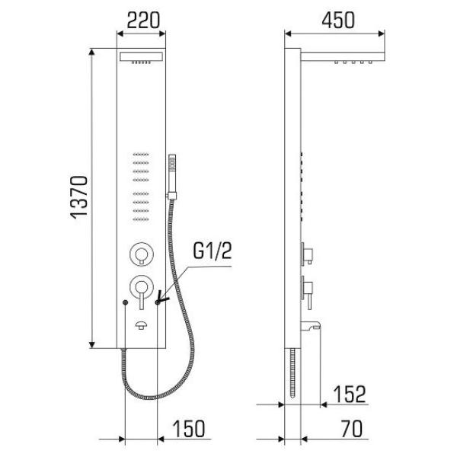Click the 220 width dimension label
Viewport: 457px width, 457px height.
click(143, 21)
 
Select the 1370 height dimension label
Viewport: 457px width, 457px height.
click(79, 197)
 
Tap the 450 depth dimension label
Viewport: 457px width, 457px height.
click(338, 21)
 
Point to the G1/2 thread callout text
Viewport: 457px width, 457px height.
click(213, 251)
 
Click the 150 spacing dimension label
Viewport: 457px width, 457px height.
click(189, 428)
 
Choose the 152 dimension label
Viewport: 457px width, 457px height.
click(349, 395)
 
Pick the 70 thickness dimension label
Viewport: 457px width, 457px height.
click(352, 428)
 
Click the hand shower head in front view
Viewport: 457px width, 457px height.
click(172, 177)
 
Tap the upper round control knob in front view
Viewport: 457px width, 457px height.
click(142, 254)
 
